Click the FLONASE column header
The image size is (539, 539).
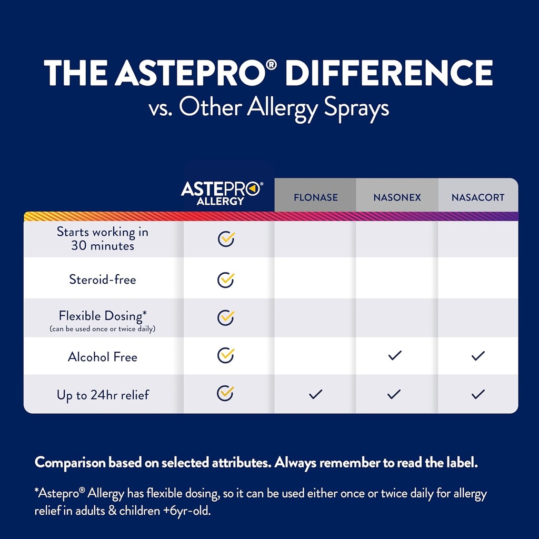(315, 198)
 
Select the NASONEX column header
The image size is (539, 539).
(397, 198)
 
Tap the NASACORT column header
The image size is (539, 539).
(478, 198)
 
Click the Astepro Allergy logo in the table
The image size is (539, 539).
(221, 193)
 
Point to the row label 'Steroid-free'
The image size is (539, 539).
(103, 279)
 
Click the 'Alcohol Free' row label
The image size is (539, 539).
(103, 357)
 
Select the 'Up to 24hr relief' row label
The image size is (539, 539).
(103, 395)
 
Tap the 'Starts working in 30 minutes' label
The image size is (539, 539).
(103, 238)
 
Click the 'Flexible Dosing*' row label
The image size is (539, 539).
(103, 316)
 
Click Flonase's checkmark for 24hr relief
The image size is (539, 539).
(316, 394)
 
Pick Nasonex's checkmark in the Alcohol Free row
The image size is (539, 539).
(394, 356)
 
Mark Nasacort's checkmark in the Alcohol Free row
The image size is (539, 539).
(478, 356)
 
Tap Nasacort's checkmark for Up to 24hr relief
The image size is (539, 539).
(478, 394)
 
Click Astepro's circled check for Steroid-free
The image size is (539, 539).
(226, 279)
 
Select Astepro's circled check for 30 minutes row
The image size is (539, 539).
(226, 238)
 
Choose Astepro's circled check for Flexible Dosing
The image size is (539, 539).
(226, 317)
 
